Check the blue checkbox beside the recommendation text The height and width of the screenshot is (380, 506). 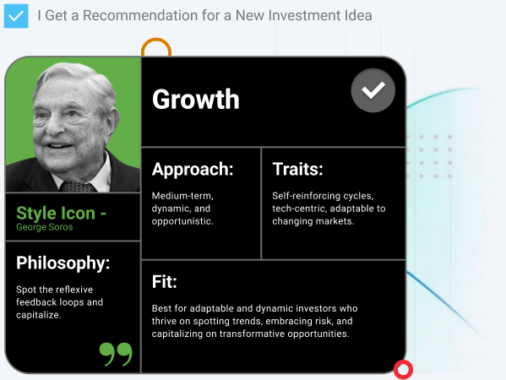coord(16,16)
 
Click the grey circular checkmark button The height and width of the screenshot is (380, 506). coord(373,90)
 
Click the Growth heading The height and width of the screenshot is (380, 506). coord(196,99)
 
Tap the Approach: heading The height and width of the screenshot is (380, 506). coord(193,170)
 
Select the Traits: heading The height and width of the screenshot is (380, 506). coord(297,169)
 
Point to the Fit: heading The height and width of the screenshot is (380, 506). coord(165,281)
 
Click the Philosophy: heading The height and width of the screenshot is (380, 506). coord(63,263)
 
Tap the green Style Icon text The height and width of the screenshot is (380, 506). coord(61,214)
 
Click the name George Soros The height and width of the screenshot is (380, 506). coord(45,227)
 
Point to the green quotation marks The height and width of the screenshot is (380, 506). coord(116,354)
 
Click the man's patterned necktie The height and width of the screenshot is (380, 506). coord(78,187)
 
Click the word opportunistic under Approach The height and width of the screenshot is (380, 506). coord(182,221)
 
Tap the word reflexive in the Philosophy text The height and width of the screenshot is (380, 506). coord(73,290)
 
